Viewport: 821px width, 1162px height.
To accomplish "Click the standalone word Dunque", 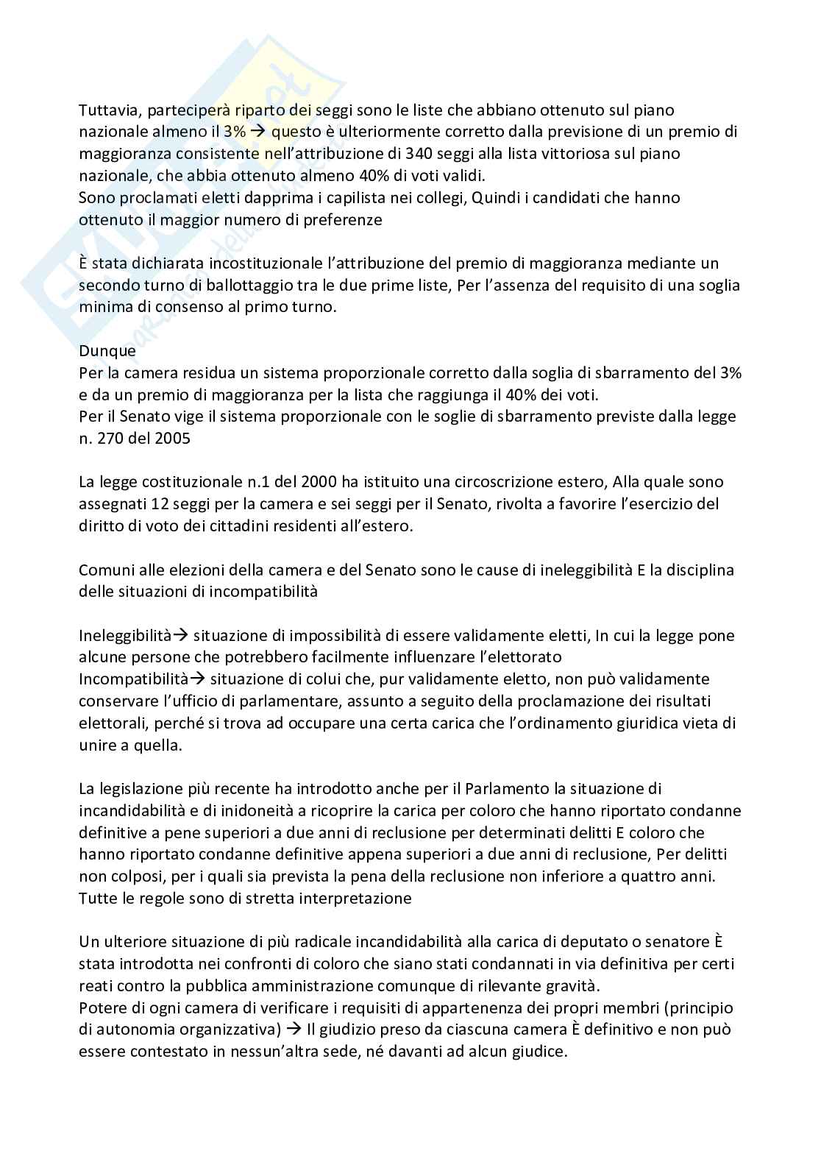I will click(107, 351).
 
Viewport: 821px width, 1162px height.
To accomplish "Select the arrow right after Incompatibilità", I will click(188, 679).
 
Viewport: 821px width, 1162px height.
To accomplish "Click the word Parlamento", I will click(507, 789).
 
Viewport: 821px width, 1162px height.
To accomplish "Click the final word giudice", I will click(536, 1052).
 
